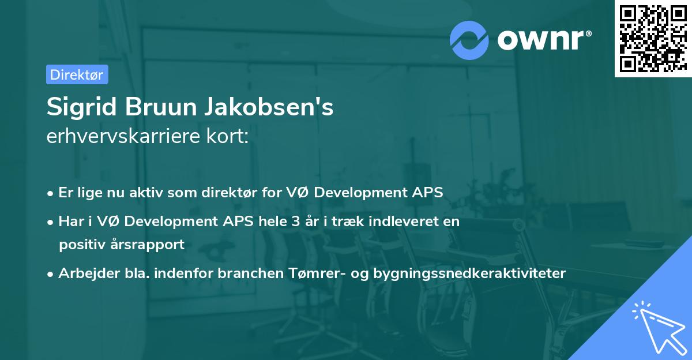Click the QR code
click(652, 38)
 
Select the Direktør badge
click(77, 74)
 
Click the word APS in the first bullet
click(427, 193)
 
